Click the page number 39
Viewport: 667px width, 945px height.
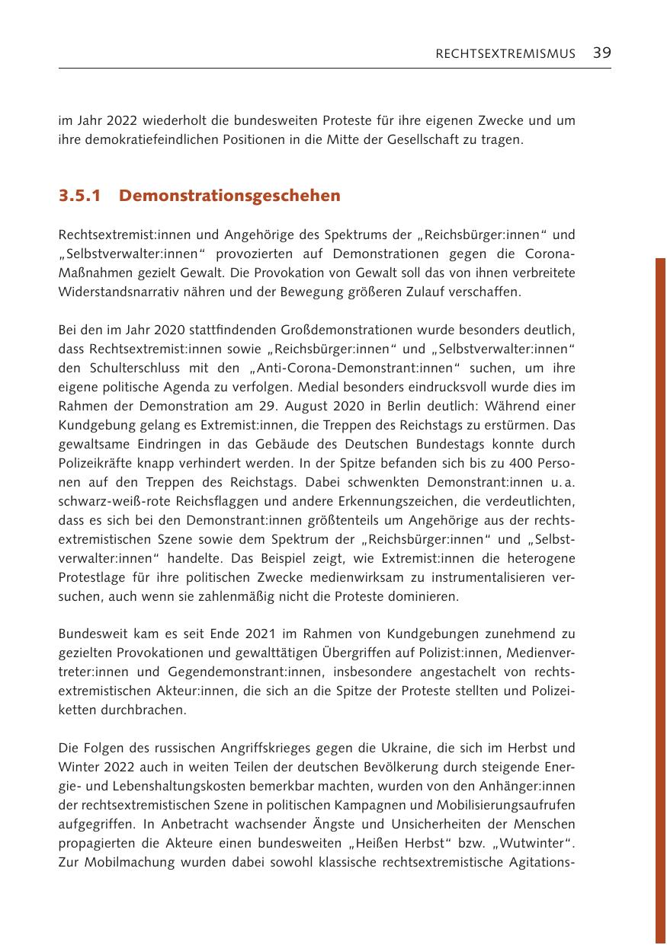[601, 53]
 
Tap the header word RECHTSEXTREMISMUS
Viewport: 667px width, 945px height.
[505, 53]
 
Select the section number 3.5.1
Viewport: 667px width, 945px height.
[79, 196]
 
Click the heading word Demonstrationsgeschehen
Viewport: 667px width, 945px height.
[229, 196]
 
